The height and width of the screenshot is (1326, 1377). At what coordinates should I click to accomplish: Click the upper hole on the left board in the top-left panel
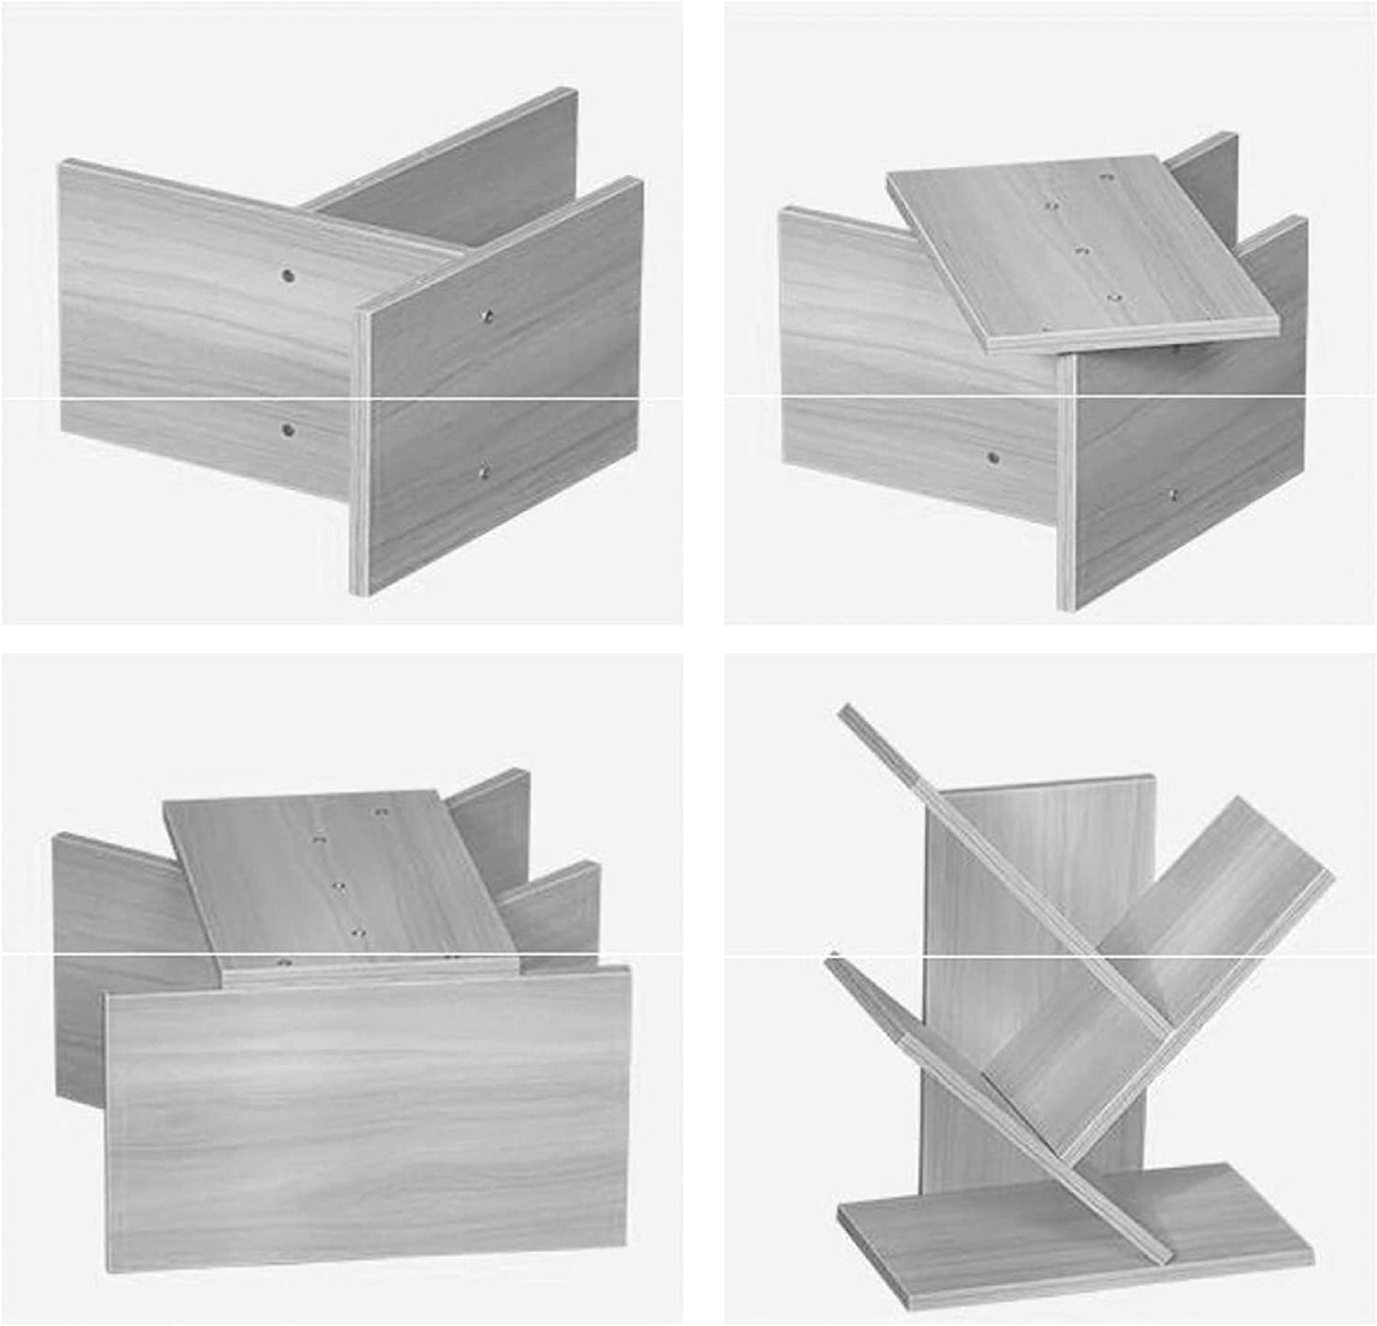(287, 275)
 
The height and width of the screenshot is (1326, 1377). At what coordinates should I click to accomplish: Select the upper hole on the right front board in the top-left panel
(484, 317)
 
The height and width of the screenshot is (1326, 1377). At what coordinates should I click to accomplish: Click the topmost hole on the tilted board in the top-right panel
(1108, 178)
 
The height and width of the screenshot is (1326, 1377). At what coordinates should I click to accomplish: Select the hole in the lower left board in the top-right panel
(993, 458)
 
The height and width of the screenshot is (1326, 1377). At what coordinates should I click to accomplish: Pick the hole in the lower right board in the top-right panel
(1173, 494)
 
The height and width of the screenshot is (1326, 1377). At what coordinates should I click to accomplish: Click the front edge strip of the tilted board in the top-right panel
(1131, 334)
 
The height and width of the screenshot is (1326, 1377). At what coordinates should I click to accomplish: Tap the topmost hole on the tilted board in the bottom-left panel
(381, 812)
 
